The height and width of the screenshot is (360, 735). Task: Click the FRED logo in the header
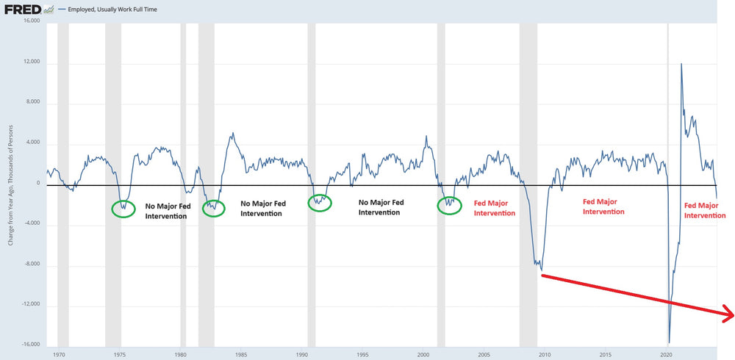point(21,10)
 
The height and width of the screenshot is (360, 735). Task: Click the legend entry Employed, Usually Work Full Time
point(112,10)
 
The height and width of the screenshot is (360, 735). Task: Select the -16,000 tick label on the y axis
point(32,344)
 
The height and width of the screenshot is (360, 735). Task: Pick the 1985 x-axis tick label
point(241,354)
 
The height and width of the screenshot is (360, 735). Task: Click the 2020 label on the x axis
point(666,354)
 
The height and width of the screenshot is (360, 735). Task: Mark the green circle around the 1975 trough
point(123,209)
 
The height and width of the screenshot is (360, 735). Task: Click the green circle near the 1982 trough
point(213,208)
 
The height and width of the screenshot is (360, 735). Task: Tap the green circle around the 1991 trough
point(320,203)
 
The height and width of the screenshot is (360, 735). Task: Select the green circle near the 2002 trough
point(450,206)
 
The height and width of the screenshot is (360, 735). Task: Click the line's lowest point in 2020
point(669,342)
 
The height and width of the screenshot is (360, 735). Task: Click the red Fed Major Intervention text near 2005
point(495,208)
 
